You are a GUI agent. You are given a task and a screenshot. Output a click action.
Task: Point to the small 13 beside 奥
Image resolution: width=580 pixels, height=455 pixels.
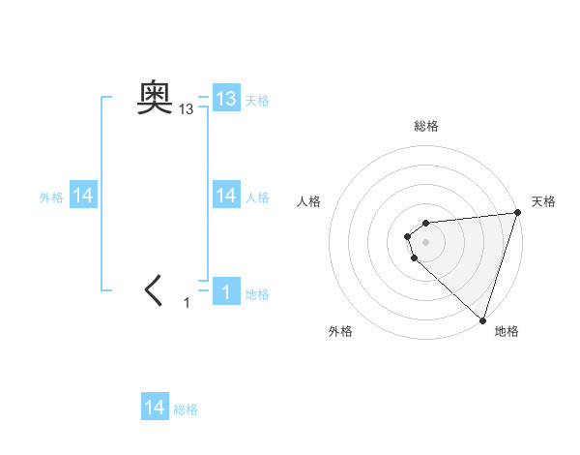(x=187, y=110)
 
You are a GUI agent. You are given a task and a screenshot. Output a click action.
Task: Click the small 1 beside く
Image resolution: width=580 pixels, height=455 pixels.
(x=188, y=303)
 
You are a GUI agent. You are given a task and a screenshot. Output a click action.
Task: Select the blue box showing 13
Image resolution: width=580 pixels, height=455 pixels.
(x=226, y=99)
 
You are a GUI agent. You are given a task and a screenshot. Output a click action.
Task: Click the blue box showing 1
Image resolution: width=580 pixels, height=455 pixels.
(x=226, y=291)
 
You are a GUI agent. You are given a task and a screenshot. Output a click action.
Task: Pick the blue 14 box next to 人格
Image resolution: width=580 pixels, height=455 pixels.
(x=226, y=196)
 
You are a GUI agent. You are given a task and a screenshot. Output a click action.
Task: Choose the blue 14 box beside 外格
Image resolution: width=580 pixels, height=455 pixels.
(x=83, y=196)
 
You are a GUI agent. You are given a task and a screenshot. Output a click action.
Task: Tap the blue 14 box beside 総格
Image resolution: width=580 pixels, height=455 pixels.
(x=155, y=408)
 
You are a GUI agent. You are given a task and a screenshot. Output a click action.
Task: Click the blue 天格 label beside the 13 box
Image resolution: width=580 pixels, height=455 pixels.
(x=257, y=101)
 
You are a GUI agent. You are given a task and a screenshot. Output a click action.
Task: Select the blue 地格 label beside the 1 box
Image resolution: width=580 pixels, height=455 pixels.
(x=257, y=294)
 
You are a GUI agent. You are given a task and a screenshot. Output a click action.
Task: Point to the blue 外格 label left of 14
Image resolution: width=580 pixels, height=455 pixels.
(x=51, y=197)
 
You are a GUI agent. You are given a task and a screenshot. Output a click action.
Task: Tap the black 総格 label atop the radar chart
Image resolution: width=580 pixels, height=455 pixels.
(x=425, y=126)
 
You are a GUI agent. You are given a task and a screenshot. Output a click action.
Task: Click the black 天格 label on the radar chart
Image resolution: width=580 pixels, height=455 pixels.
(x=544, y=201)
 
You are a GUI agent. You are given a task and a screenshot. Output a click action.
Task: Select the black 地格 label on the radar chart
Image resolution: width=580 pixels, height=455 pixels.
(x=507, y=332)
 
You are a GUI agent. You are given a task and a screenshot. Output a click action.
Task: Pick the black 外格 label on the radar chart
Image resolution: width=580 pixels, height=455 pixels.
(x=340, y=332)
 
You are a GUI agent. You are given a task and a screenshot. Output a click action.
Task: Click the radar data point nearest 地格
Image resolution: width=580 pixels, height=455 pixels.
(x=482, y=320)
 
